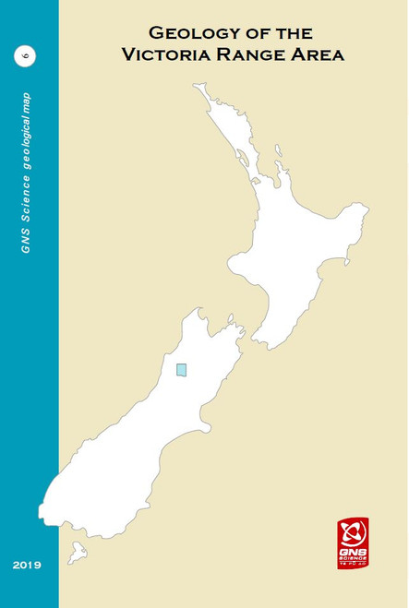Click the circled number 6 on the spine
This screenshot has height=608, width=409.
tap(24, 56)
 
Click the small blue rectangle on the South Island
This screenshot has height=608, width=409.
tap(181, 370)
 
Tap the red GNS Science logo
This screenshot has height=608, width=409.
tap(352, 542)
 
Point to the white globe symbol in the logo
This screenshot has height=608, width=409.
tap(352, 532)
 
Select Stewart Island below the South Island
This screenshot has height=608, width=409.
tap(78, 554)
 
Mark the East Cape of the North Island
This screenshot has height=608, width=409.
tap(367, 211)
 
